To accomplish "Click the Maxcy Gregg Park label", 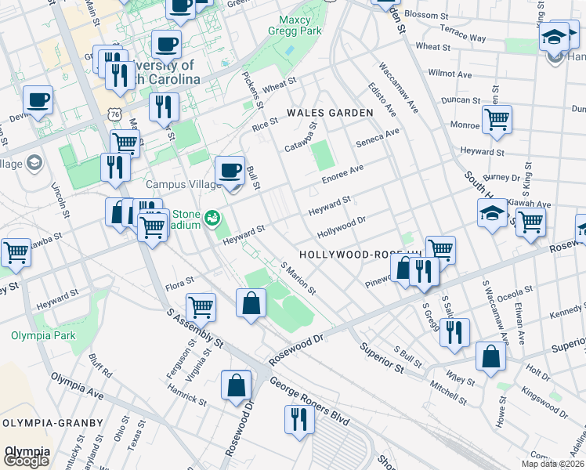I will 300,26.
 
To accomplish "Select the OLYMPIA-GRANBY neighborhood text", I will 52,423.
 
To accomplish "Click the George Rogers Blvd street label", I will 309,401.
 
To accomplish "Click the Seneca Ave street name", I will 378,138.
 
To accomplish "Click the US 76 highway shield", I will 115,114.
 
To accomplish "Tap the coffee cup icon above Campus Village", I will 230,171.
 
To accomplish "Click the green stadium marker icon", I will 212,215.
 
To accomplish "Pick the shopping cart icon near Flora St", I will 201,306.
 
